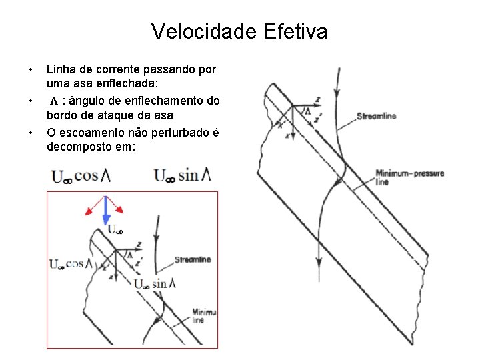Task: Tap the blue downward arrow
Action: (105, 212)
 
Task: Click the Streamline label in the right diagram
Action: (377, 116)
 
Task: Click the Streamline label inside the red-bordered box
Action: (193, 259)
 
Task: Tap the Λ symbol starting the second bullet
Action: (54, 101)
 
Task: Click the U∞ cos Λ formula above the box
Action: (84, 177)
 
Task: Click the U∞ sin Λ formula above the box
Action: (182, 177)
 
